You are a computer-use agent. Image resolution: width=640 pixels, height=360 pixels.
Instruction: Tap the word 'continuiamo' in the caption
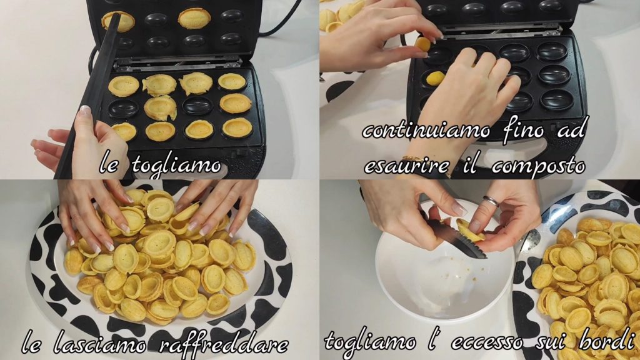pyautogui.click(x=426, y=130)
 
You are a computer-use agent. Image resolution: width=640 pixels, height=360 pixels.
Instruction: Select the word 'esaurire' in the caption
pyautogui.click(x=406, y=166)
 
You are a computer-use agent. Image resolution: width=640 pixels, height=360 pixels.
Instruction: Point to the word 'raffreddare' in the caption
pyautogui.click(x=223, y=344)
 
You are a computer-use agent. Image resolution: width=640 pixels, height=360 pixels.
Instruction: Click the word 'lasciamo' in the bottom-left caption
pyautogui.click(x=99, y=345)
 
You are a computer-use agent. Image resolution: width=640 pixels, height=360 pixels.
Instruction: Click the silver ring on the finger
pyautogui.click(x=490, y=201)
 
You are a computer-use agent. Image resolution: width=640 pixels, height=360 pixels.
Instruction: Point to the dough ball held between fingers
pyautogui.click(x=423, y=44)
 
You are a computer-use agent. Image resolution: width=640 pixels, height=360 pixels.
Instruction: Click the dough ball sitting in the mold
pyautogui.click(x=435, y=78)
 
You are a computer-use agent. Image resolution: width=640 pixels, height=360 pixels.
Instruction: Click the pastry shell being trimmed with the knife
pyautogui.click(x=469, y=231)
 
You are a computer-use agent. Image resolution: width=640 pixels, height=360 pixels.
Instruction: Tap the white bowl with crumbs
pyautogui.click(x=445, y=269)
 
